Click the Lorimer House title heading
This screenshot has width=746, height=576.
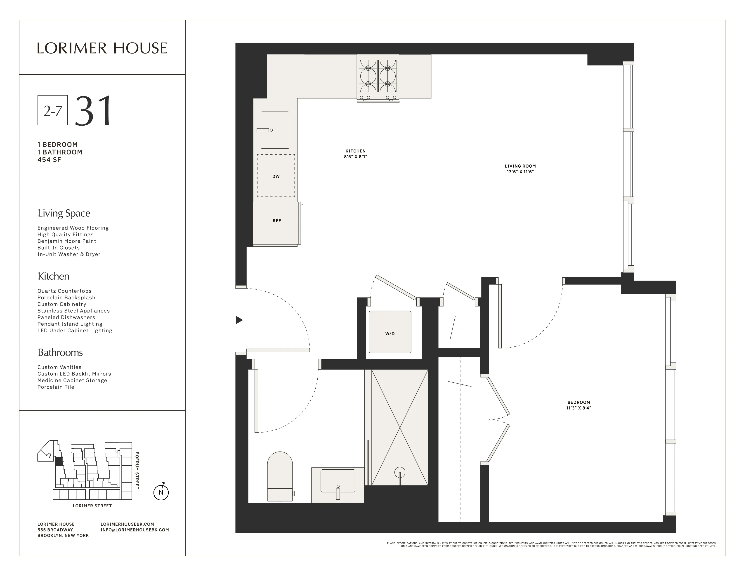tap(102, 49)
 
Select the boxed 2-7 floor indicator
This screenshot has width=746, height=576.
tap(53, 110)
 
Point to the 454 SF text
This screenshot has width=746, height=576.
tap(50, 160)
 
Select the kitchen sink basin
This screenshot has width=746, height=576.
tap(275, 130)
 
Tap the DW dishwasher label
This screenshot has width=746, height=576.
tap(276, 176)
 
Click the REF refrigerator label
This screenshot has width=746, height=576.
tap(277, 221)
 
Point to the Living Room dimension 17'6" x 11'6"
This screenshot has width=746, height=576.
tap(520, 172)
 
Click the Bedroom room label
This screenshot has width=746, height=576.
tap(579, 402)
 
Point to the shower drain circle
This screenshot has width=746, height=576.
tap(400, 473)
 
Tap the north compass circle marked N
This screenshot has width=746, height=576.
tap(161, 492)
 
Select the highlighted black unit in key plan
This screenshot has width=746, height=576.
tap(59, 461)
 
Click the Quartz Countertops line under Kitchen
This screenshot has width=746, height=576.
tap(65, 291)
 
